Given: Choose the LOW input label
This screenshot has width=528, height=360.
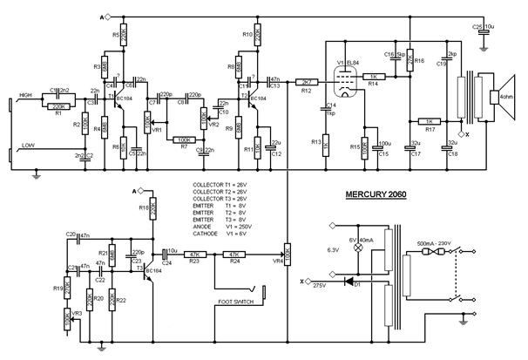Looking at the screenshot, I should click(29, 145).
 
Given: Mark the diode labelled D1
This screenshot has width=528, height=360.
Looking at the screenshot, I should click(349, 282).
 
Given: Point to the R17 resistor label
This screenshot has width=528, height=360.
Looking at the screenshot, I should click(430, 130).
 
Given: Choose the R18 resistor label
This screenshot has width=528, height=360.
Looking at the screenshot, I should click(144, 208).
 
